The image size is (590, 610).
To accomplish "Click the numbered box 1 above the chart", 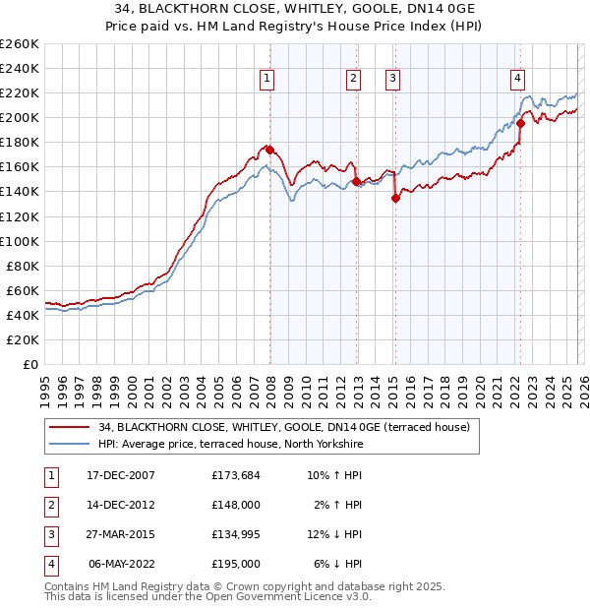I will click(x=267, y=80).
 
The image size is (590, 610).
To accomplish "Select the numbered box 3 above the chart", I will click(x=392, y=80).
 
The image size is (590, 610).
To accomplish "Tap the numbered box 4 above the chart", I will click(x=517, y=80).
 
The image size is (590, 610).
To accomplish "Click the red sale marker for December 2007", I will click(x=269, y=150).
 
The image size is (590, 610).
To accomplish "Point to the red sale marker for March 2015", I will click(x=395, y=198).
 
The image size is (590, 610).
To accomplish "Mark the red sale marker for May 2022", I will click(x=520, y=124).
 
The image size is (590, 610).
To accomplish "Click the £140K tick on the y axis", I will click(x=20, y=191).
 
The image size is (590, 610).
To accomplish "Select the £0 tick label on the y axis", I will click(x=30, y=364).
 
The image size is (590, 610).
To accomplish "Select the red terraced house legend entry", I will click(x=284, y=427).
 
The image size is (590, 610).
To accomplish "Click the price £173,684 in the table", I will click(x=236, y=475).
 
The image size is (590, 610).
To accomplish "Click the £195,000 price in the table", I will click(x=236, y=564).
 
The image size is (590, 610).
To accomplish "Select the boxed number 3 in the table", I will click(x=49, y=534).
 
